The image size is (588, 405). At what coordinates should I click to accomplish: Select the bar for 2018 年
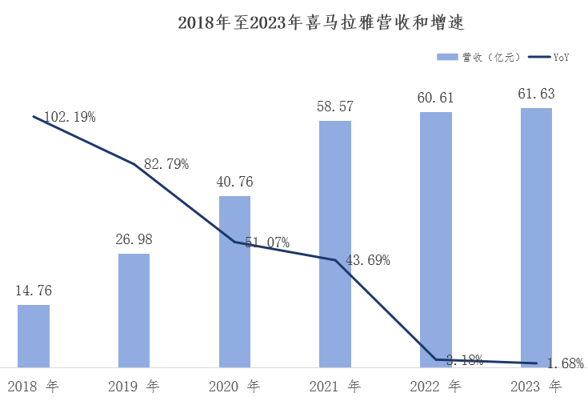point(34,335)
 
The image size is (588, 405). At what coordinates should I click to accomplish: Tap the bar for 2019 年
point(134,310)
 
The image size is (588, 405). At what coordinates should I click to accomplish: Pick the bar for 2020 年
point(234,281)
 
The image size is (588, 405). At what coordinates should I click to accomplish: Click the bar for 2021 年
point(335,243)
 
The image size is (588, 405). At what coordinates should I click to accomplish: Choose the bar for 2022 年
point(436,239)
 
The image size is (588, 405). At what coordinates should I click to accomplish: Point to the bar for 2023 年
point(536,237)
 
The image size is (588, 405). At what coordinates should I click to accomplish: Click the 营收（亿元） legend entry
point(478,57)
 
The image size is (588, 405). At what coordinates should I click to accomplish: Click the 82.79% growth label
point(166,164)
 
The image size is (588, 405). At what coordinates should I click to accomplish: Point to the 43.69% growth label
point(367,259)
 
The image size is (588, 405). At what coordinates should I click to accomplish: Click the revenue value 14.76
point(34,291)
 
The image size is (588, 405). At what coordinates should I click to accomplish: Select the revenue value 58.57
point(335,106)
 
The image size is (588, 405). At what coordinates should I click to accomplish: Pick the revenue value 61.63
point(536,94)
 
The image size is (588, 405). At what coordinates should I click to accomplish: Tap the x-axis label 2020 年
point(234,387)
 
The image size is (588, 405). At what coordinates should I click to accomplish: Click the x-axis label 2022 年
point(436,387)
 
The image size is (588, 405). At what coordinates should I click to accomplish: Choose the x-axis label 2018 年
point(34,387)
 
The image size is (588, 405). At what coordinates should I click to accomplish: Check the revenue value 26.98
point(134,239)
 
